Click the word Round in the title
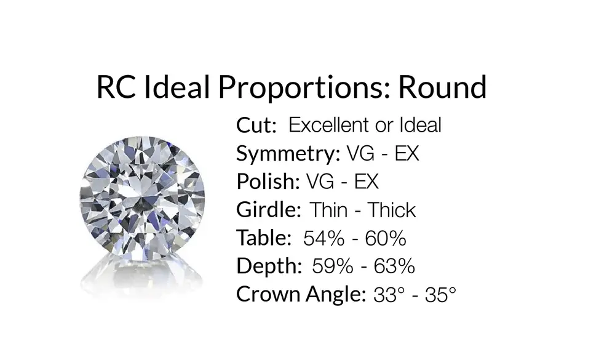click(x=442, y=87)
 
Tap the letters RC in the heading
click(x=116, y=87)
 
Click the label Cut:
click(x=256, y=126)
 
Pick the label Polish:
click(x=268, y=182)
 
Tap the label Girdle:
click(x=269, y=210)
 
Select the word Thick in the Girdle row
click(x=391, y=210)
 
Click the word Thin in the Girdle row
click(x=329, y=210)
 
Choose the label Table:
click(x=264, y=238)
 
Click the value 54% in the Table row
click(x=324, y=238)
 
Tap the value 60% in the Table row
click(x=386, y=238)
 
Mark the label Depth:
click(x=269, y=266)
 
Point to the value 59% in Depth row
click(x=333, y=266)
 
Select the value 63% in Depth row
click(x=394, y=266)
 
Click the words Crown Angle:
click(x=301, y=295)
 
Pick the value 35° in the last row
click(x=440, y=295)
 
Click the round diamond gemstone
click(x=143, y=199)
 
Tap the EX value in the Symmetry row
click(x=407, y=153)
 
